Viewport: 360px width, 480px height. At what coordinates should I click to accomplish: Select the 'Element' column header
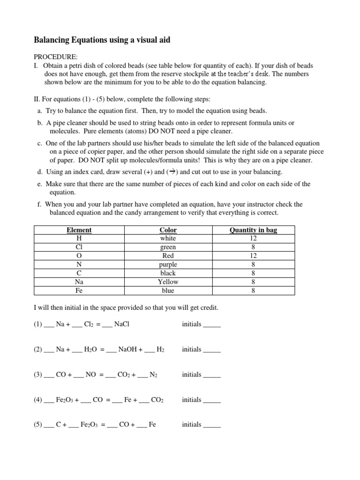(x=79, y=230)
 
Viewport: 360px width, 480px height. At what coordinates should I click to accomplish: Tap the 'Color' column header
(x=168, y=230)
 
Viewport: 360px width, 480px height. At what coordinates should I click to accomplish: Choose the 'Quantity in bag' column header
(x=253, y=230)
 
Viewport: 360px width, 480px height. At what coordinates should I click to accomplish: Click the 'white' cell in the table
(x=168, y=238)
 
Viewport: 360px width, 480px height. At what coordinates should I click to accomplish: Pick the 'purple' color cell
(x=168, y=264)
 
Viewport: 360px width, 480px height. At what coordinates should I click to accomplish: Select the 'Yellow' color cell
(x=168, y=282)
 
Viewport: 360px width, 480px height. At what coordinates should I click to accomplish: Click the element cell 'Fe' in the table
(x=79, y=291)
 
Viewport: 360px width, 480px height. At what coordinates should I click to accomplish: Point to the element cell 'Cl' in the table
(x=79, y=247)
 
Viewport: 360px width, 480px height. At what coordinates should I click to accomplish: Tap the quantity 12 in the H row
(x=253, y=238)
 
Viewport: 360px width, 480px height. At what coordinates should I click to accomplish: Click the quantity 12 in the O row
(x=253, y=256)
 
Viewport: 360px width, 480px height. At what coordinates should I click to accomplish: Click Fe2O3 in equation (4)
(x=66, y=400)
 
